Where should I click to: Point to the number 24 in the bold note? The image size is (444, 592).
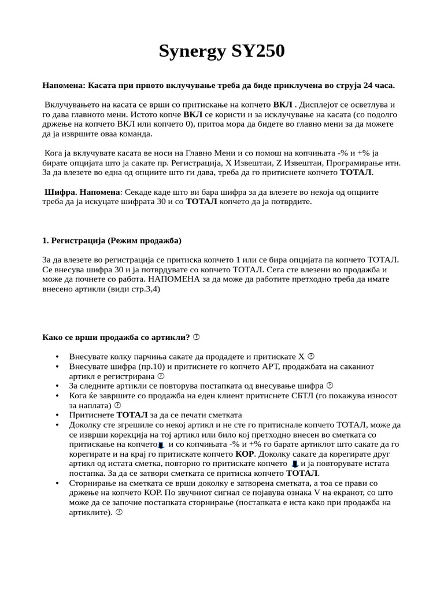[369, 86]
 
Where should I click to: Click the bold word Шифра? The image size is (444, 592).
[60, 191]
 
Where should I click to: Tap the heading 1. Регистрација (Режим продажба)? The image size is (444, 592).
[112, 240]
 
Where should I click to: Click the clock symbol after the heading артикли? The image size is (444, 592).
[196, 337]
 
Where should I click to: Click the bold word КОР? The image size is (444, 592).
[245, 454]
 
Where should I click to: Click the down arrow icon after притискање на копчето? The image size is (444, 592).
[161, 445]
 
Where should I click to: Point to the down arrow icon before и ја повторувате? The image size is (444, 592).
[295, 464]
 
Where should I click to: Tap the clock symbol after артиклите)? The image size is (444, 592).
[119, 512]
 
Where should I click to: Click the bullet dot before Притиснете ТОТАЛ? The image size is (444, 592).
[57, 415]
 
